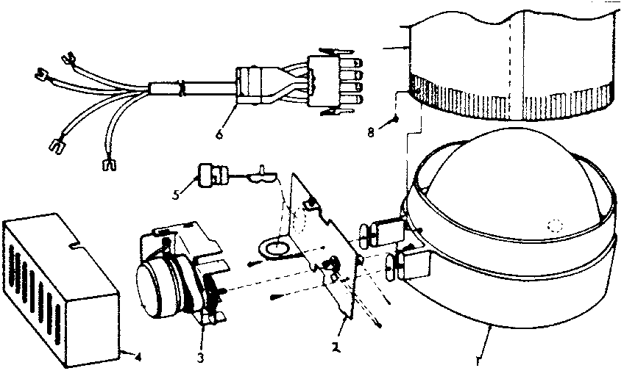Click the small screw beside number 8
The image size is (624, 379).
click(397, 118)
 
